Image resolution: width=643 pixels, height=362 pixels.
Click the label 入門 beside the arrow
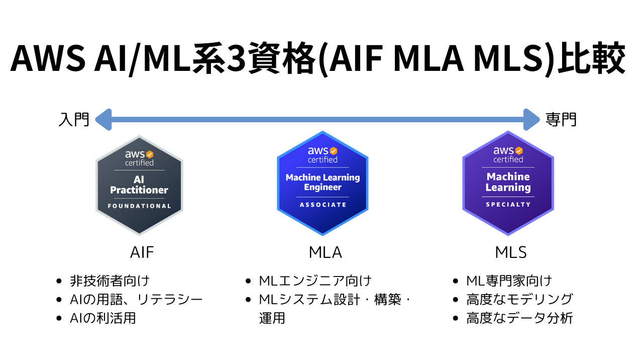click(x=74, y=120)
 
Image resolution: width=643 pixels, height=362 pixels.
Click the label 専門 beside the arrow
click(x=561, y=120)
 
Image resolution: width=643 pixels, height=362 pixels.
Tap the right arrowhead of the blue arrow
click(x=531, y=120)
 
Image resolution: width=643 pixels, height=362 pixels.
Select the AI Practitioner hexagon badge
click(x=139, y=186)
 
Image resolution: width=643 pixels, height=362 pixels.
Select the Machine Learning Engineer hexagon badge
click(x=323, y=184)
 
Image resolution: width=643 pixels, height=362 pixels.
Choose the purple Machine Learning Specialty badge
click(x=508, y=184)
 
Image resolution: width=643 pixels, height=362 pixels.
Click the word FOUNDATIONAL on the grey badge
click(x=139, y=206)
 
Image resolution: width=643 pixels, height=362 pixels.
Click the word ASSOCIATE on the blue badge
click(x=323, y=205)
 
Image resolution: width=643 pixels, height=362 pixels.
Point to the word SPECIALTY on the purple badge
click(x=508, y=205)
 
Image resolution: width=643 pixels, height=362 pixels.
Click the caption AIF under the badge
click(x=142, y=252)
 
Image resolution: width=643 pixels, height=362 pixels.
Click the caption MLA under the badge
click(x=325, y=252)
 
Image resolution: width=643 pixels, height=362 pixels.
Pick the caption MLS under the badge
click(x=511, y=252)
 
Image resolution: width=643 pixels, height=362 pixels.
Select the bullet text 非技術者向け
click(x=110, y=281)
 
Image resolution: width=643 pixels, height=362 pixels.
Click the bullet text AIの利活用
click(x=103, y=318)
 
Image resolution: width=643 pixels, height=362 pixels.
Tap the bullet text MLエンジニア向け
click(x=315, y=281)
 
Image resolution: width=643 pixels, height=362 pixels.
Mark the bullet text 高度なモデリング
click(x=519, y=299)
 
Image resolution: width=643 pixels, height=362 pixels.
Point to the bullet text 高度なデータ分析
click(x=519, y=318)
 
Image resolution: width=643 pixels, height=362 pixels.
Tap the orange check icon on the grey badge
click(x=150, y=154)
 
